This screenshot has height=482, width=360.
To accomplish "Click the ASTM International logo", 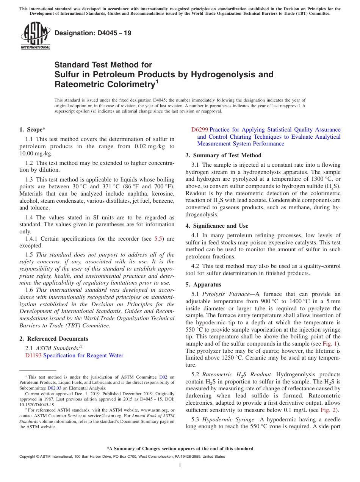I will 35,36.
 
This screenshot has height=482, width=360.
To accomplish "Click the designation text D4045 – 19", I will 93,33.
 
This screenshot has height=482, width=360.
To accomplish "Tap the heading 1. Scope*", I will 32,130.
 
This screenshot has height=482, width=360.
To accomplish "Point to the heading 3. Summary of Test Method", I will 223,155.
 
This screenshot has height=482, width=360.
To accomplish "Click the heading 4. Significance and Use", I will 217,226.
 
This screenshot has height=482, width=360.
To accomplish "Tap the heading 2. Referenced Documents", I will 53,339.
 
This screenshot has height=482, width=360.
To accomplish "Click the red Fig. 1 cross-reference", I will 333,344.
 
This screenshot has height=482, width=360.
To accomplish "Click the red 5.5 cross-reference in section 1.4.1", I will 158,239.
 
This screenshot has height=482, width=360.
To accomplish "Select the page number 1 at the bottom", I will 180,466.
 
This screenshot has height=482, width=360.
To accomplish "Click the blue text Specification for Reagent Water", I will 83,355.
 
